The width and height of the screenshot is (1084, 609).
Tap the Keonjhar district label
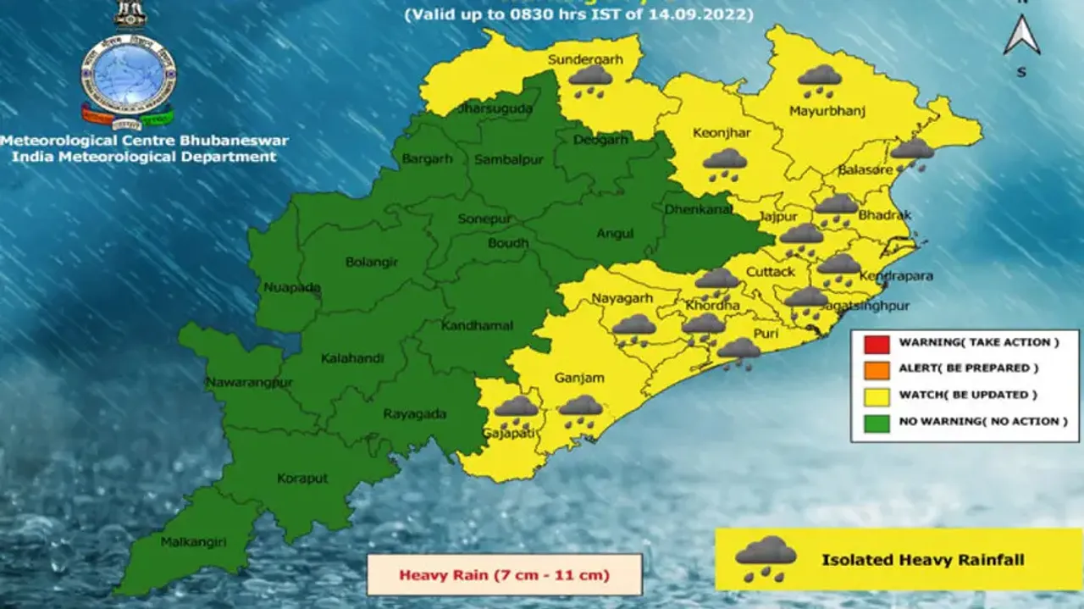(x=722, y=133)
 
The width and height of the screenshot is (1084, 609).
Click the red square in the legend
(x=877, y=343)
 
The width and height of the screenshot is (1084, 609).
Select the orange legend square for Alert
(x=877, y=369)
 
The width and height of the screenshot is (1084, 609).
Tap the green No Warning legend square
(x=877, y=422)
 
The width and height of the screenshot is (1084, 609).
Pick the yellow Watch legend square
(x=877, y=396)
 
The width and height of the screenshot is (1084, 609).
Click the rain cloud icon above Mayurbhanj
(x=819, y=80)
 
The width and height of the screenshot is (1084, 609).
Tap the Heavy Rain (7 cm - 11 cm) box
(x=504, y=575)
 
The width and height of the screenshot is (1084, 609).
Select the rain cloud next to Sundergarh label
(x=590, y=80)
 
